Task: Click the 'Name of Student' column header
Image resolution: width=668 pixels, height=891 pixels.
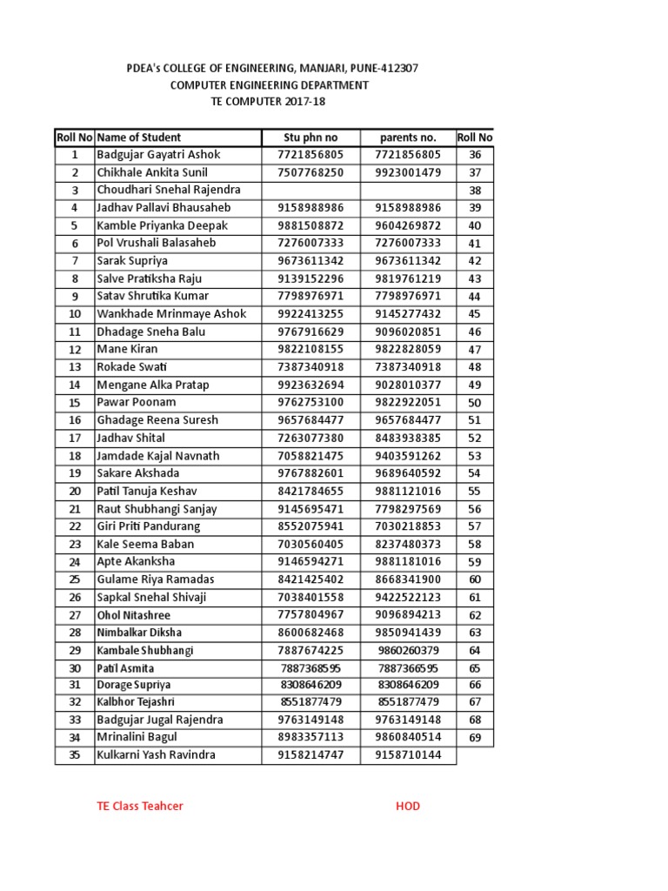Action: [139, 137]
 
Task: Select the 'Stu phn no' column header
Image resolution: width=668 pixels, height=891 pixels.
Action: [311, 137]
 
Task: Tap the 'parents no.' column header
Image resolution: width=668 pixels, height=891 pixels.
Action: [408, 137]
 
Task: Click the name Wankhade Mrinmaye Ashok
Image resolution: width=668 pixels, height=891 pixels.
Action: [172, 314]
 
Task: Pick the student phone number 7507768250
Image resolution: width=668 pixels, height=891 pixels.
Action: [311, 172]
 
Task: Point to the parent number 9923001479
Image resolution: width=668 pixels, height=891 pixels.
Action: [408, 172]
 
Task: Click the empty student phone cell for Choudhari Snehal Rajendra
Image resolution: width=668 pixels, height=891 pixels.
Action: [311, 190]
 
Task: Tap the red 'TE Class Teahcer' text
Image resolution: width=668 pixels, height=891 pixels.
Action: [140, 806]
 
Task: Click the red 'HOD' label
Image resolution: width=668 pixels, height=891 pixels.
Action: [407, 806]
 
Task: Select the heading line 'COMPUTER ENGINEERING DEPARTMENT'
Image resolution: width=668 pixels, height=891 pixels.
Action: [269, 85]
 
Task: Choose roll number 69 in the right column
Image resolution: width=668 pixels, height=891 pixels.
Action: [475, 738]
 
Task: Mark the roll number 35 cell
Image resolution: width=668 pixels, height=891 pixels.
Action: [75, 755]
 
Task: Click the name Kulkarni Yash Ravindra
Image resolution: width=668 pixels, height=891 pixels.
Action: [157, 755]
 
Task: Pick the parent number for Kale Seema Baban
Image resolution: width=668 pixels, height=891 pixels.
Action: [408, 544]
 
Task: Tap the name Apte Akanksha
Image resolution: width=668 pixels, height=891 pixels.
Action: [136, 562]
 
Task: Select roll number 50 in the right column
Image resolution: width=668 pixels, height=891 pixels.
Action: [475, 403]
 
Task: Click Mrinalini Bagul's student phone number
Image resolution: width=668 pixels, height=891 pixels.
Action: [311, 738]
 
